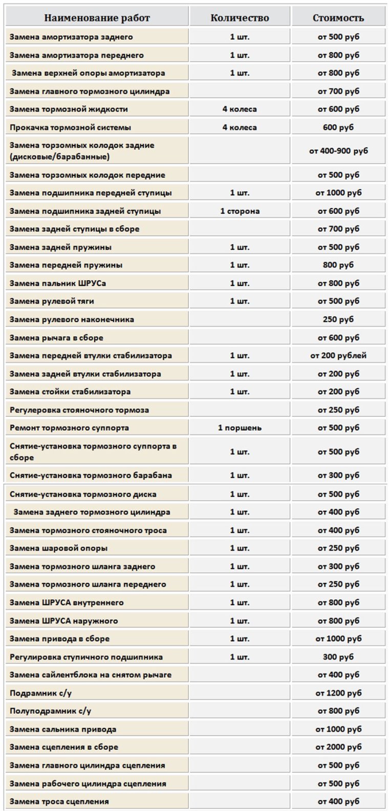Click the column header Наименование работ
coord(97,18)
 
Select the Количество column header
coord(240,18)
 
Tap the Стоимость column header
coord(338,18)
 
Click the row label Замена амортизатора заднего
coord(71,37)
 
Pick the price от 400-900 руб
coord(338,151)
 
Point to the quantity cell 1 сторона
coord(240,211)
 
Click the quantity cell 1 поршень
coord(240,427)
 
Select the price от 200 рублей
coord(338,355)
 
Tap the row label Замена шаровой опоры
coord(59,548)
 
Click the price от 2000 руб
coord(338,747)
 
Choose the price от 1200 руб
coord(338,693)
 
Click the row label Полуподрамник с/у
coord(51,711)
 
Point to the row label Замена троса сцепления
coord(59,801)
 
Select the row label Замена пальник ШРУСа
coord(58,283)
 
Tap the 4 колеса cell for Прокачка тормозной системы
coord(240,127)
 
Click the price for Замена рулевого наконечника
coord(338,320)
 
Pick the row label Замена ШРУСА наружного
coord(64,621)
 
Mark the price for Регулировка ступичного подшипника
coord(338,657)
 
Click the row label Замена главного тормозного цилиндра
coord(90,92)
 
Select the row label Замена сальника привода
coord(63,729)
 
